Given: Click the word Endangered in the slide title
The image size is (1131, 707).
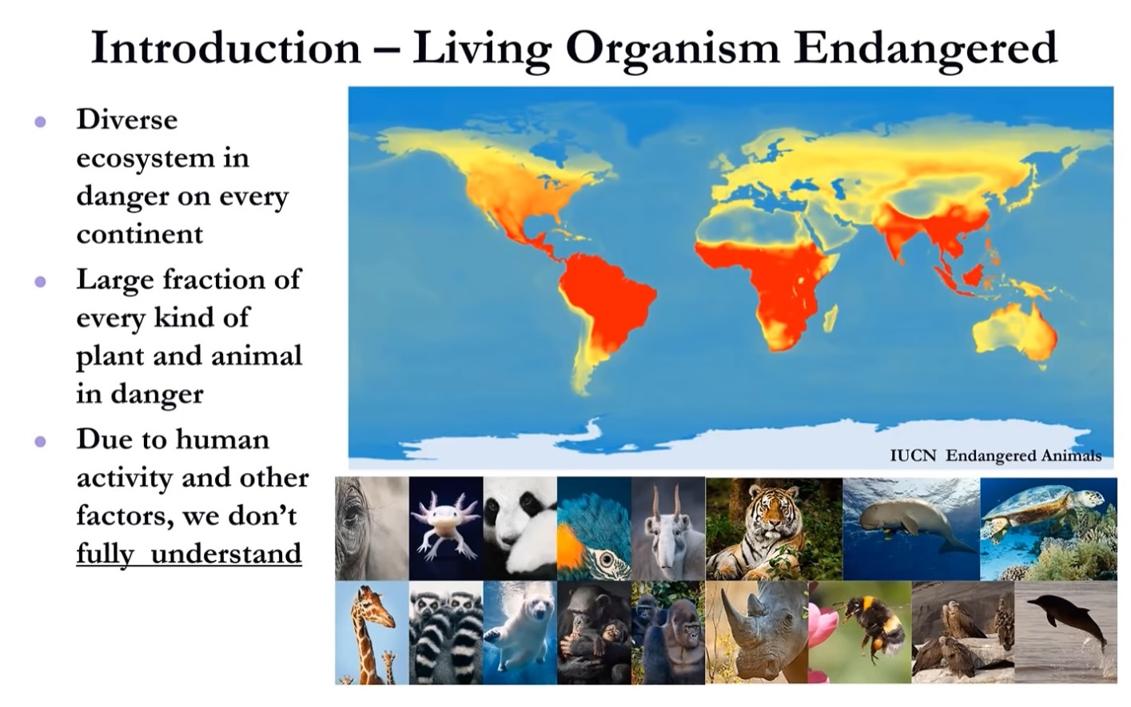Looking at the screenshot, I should coord(925,48).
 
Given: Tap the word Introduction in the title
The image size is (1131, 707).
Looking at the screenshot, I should coord(225,48).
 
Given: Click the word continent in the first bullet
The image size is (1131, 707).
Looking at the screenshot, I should coord(140,234).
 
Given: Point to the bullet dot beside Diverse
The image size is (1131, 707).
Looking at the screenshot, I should coord(40,122).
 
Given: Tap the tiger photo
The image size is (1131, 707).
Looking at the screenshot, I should coord(773,528).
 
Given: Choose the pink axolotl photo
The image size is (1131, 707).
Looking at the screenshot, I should coord(445,528).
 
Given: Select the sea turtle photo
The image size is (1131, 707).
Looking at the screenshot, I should coord(1048,528).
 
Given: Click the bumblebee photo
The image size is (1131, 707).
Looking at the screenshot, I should coord(859,632).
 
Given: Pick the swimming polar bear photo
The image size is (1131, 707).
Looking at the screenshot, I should coord(520,632).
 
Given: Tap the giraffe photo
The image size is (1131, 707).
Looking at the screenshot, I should coord(372,632).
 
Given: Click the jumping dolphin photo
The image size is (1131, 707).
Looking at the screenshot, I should coord(1065,632).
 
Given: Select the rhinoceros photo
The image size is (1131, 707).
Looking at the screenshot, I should coord(756,632).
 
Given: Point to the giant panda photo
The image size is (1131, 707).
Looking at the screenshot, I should coord(520,528).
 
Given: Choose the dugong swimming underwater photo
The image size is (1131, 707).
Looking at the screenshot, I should coord(910,528).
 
